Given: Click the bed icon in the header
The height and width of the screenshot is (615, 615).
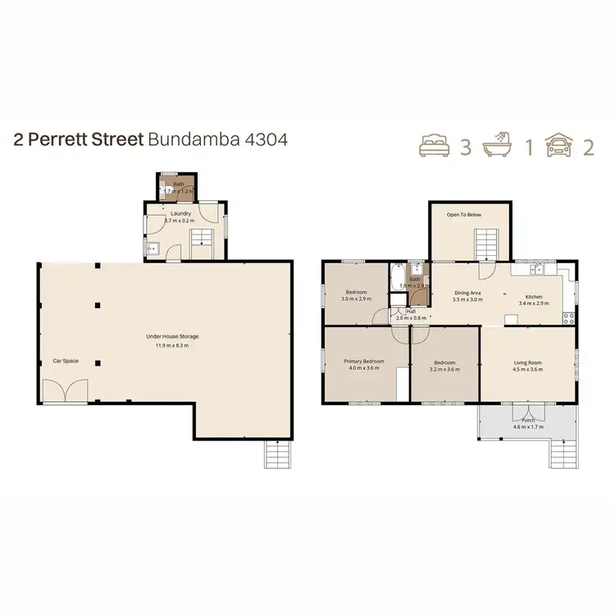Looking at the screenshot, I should coord(435,147).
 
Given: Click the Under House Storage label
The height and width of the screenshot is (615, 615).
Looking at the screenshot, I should coord(172,336).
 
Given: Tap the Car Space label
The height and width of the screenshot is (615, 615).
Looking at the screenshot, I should coord(65,361).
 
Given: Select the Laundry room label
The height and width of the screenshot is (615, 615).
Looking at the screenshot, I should coord(180,214).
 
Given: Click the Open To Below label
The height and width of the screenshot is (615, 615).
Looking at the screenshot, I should coord(463,214).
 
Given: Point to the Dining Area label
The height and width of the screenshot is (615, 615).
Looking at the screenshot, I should coord(467,292).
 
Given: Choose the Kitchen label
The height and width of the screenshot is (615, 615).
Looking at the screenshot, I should coord(534,296).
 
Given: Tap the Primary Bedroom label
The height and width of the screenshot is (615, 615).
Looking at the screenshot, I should coord(363,361).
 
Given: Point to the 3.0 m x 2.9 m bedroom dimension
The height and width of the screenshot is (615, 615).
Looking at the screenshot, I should coord(356,299).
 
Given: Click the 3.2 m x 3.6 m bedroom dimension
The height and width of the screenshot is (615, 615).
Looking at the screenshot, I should coord(444,369).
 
